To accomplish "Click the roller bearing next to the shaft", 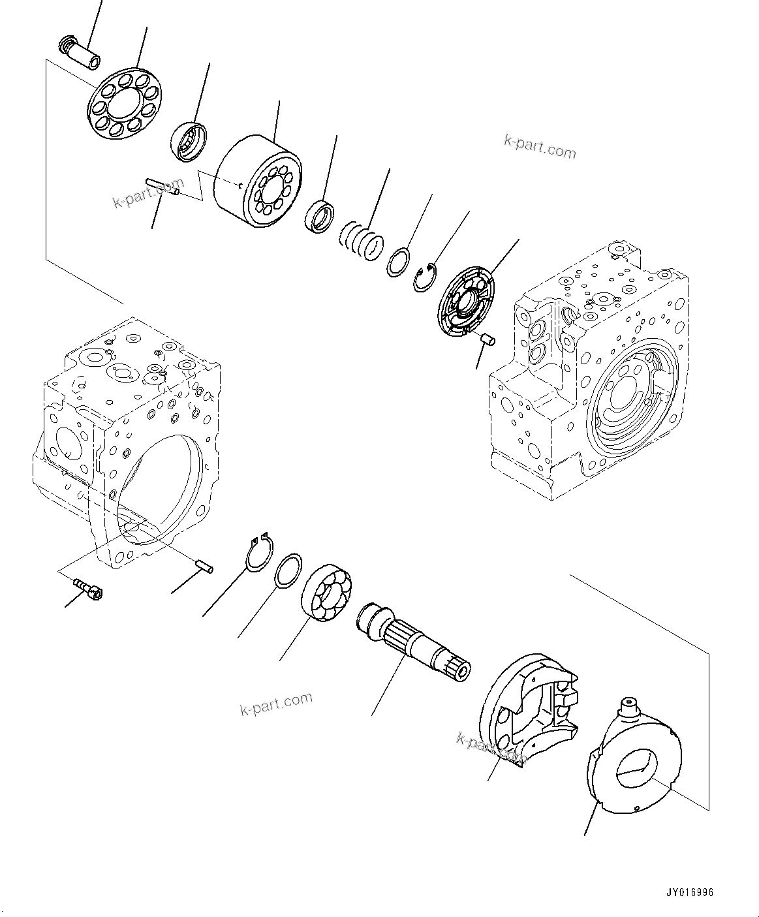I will (x=328, y=592).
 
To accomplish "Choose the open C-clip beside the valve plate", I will (x=427, y=277).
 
